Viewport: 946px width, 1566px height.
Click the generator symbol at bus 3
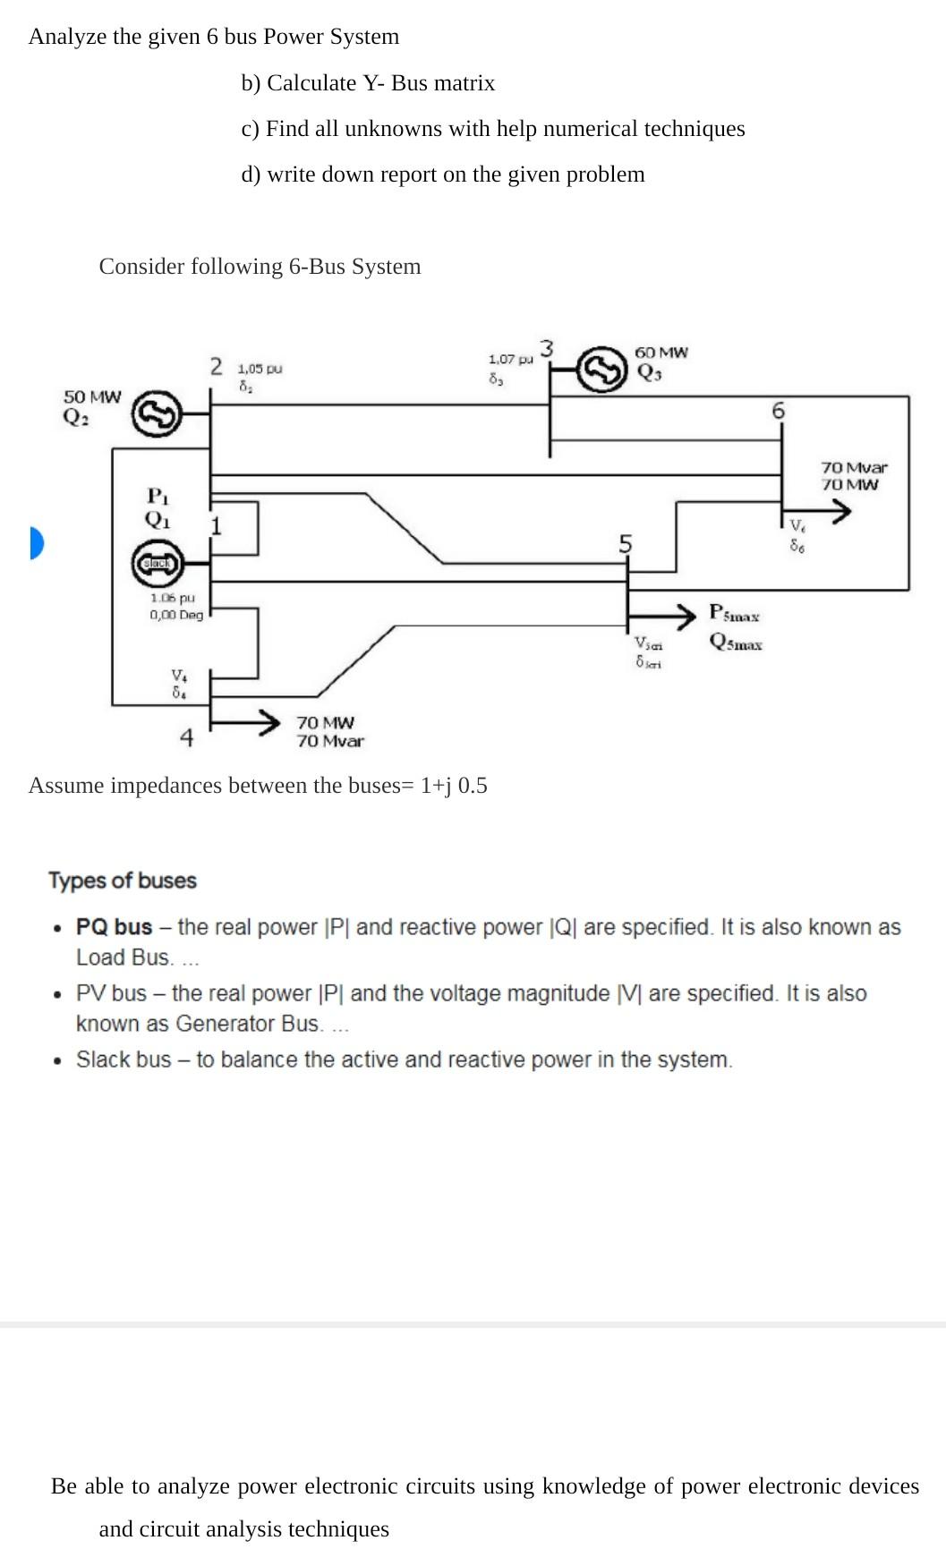tap(601, 369)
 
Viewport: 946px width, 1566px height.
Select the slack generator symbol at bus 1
tap(158, 563)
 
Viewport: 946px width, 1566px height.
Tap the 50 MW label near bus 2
tap(92, 396)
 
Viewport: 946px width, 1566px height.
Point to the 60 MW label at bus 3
tap(661, 353)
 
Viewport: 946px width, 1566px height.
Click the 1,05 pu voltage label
tap(260, 368)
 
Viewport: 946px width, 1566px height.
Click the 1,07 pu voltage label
tap(510, 359)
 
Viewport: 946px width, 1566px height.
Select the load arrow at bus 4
tap(245, 721)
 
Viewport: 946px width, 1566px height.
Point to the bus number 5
tap(626, 543)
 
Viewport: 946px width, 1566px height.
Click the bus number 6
tap(778, 411)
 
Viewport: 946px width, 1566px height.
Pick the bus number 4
tap(186, 738)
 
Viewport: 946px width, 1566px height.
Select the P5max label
tap(734, 614)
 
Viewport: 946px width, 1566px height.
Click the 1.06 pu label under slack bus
tap(173, 598)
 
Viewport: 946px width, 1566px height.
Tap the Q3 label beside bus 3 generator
tap(649, 374)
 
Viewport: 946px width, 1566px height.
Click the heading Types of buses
tap(123, 881)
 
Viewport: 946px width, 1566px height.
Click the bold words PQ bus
tap(114, 927)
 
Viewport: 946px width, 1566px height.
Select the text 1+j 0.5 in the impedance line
tap(454, 786)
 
